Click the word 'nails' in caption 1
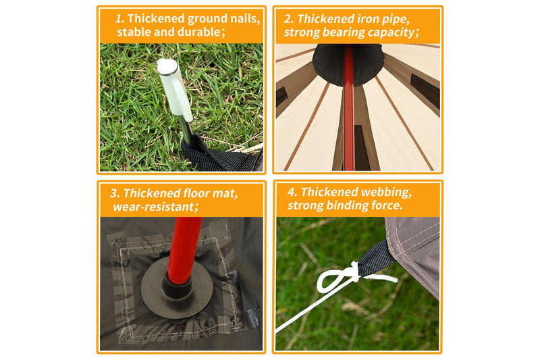[x=244, y=18]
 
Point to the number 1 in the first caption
[x=119, y=19]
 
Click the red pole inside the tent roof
[x=348, y=107]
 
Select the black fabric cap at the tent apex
[x=348, y=63]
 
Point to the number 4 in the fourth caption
[x=292, y=192]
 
